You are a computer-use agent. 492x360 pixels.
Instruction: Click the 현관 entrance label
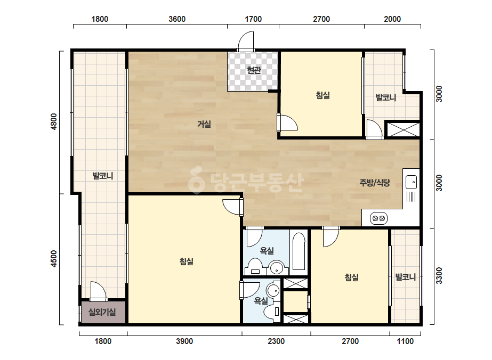click(254, 70)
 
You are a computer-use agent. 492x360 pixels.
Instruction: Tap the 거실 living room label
click(204, 124)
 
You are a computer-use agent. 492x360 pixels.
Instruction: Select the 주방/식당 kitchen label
click(375, 183)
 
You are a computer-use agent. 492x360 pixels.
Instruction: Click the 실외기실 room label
click(102, 312)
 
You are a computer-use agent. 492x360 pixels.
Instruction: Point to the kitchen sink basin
click(411, 182)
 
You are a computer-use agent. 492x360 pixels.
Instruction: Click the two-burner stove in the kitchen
click(378, 218)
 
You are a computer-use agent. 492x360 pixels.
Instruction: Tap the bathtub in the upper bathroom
click(299, 251)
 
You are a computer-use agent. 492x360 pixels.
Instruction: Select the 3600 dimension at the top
click(177, 19)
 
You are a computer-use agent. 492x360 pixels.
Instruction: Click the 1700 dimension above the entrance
click(253, 19)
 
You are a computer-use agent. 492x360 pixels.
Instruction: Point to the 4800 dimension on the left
click(54, 121)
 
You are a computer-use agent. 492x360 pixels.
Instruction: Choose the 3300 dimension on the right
click(439, 276)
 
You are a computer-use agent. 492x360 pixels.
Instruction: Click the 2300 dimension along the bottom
click(276, 341)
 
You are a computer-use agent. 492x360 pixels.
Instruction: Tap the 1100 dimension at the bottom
click(405, 341)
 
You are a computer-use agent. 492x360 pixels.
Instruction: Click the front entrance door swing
click(246, 41)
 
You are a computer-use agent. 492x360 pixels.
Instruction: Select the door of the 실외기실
click(98, 291)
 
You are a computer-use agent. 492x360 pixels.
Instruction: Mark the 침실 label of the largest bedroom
click(187, 261)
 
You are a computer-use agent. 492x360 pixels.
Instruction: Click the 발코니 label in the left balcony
click(102, 176)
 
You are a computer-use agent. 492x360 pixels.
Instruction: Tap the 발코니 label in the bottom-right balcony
click(406, 277)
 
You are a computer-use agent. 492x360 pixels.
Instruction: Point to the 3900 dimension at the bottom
click(184, 341)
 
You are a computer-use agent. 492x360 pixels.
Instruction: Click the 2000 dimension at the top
click(392, 19)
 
